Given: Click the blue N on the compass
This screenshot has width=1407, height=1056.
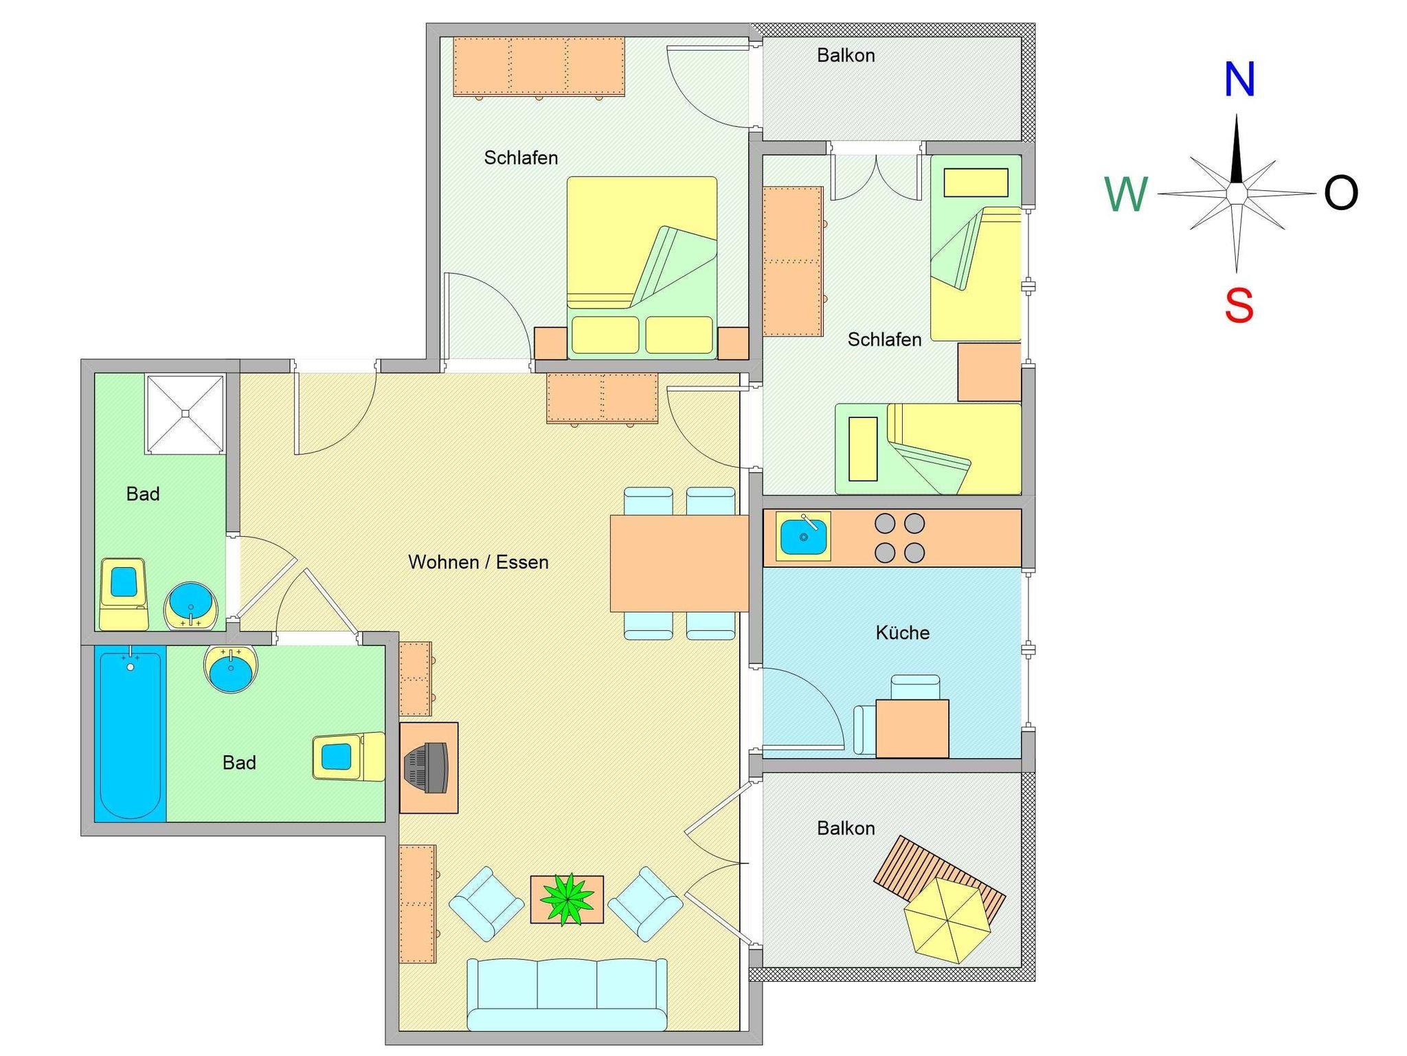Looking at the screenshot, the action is pos(1239,80).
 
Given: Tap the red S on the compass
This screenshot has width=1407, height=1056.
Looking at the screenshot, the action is pos(1239,306).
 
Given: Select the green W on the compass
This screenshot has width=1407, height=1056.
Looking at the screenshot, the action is pos(1126,194).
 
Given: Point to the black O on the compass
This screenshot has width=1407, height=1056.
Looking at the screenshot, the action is pos(1341,193).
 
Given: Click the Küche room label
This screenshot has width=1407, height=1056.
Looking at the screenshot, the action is pos(903,632).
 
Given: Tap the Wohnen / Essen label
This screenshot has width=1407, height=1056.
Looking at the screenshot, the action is pos(478,562).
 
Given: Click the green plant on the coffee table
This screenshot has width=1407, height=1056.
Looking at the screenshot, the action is pos(567,899).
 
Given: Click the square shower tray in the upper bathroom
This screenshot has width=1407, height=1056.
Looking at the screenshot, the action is pos(185,413).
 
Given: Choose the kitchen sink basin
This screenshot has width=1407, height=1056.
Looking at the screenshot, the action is pos(803,536).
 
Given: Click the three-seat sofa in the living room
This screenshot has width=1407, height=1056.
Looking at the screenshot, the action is pos(567,994).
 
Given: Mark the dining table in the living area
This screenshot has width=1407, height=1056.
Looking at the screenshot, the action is pos(679,563).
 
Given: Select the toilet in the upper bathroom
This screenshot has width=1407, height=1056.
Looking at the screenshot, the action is pos(124,594).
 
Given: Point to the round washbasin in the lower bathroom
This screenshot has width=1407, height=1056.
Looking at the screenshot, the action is pos(231,669).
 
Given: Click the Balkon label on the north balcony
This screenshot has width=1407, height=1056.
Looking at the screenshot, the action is pos(846,56).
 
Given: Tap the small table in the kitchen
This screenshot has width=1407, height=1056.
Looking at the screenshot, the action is pos(912,728).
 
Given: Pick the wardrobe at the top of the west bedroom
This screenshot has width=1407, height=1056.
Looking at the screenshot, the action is pos(539,67).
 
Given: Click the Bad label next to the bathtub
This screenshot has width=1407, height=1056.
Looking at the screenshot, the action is pos(239,763).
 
